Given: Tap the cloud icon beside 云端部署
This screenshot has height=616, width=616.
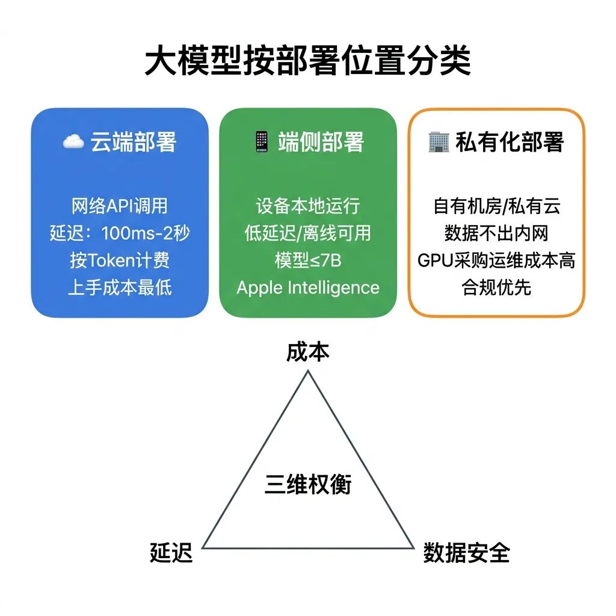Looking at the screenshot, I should coord(73,142).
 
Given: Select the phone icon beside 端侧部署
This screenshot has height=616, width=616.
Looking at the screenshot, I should coord(260,142).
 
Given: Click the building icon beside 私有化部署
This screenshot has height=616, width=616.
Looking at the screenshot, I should coord(439,142).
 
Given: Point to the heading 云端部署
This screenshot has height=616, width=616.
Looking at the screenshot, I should coord(133,143).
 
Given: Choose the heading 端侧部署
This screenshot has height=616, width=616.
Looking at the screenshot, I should coord(321,143).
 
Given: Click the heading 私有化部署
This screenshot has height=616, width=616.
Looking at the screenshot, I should coord(510,143).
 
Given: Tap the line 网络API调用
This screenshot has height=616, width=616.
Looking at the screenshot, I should coord(120,206).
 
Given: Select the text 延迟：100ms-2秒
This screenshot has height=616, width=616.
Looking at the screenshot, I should coord(120,233).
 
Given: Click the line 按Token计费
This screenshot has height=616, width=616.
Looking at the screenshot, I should coord(120,260).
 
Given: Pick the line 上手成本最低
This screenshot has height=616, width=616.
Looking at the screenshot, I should coord(120,287).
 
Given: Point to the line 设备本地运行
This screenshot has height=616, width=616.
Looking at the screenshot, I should coord(307,206).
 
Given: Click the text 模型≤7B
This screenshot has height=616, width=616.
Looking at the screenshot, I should coord(307,260).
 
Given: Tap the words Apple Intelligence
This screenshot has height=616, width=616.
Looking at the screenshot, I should coord(307,288).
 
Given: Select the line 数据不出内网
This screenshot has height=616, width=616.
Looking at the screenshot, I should coord(496,233).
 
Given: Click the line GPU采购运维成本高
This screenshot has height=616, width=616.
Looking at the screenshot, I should coord(496,260).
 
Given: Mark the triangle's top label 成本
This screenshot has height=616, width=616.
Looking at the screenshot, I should coord(307,352).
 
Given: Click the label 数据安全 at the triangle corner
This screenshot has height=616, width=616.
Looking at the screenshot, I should coord(466,552).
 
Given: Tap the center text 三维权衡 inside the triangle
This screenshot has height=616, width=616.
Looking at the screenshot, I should coord(307,484).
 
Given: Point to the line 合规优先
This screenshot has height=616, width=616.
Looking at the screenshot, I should coord(496,287).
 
